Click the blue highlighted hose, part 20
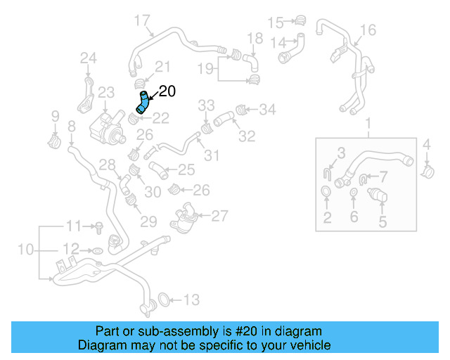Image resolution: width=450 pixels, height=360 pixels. click(143, 103)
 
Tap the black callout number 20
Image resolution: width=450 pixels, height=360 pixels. click(167, 91)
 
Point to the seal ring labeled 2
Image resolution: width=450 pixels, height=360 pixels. click(327, 192)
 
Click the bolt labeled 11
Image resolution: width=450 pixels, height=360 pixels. click(99, 226)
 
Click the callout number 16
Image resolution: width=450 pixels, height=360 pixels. click(368, 30)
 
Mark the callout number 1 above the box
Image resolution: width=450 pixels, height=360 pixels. click(368, 125)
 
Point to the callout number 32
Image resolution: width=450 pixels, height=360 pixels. click(246, 136)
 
